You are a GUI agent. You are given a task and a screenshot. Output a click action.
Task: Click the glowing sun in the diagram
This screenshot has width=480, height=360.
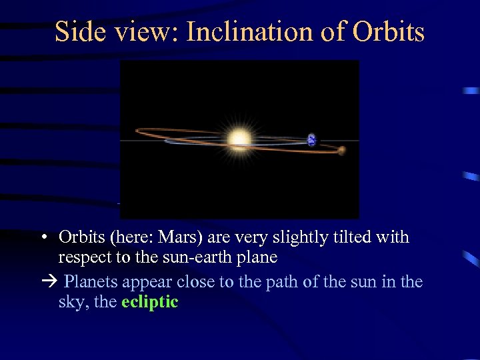239,139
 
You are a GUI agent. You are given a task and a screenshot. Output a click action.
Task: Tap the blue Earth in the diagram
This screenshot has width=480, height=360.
311,140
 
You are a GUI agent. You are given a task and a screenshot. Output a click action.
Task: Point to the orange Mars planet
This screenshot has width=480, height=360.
341,151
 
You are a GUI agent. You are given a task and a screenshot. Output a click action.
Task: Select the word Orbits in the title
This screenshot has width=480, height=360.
389,31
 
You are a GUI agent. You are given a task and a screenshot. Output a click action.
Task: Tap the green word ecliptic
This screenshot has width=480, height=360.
150,302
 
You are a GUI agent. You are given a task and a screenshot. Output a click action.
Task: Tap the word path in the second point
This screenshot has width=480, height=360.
282,282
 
